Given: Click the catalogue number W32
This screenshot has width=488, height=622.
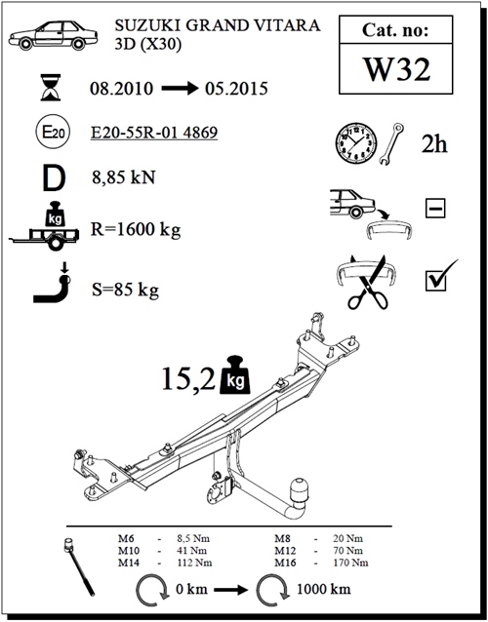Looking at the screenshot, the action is [x=396, y=69].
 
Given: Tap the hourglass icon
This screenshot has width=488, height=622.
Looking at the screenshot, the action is [x=51, y=87].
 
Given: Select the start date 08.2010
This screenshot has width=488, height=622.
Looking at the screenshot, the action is [x=121, y=89].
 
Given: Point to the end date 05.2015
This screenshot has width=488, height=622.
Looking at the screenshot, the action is [x=236, y=89].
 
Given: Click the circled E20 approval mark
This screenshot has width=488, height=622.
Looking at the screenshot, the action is [x=54, y=132].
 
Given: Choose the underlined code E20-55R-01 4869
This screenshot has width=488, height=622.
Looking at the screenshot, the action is [x=154, y=132].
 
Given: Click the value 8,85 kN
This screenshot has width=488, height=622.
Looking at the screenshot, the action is [x=124, y=176].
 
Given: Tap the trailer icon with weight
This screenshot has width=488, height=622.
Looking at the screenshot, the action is [x=45, y=226].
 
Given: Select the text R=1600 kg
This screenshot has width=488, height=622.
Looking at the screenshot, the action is [x=136, y=229].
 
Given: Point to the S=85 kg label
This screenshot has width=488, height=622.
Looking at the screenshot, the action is [x=125, y=290].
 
